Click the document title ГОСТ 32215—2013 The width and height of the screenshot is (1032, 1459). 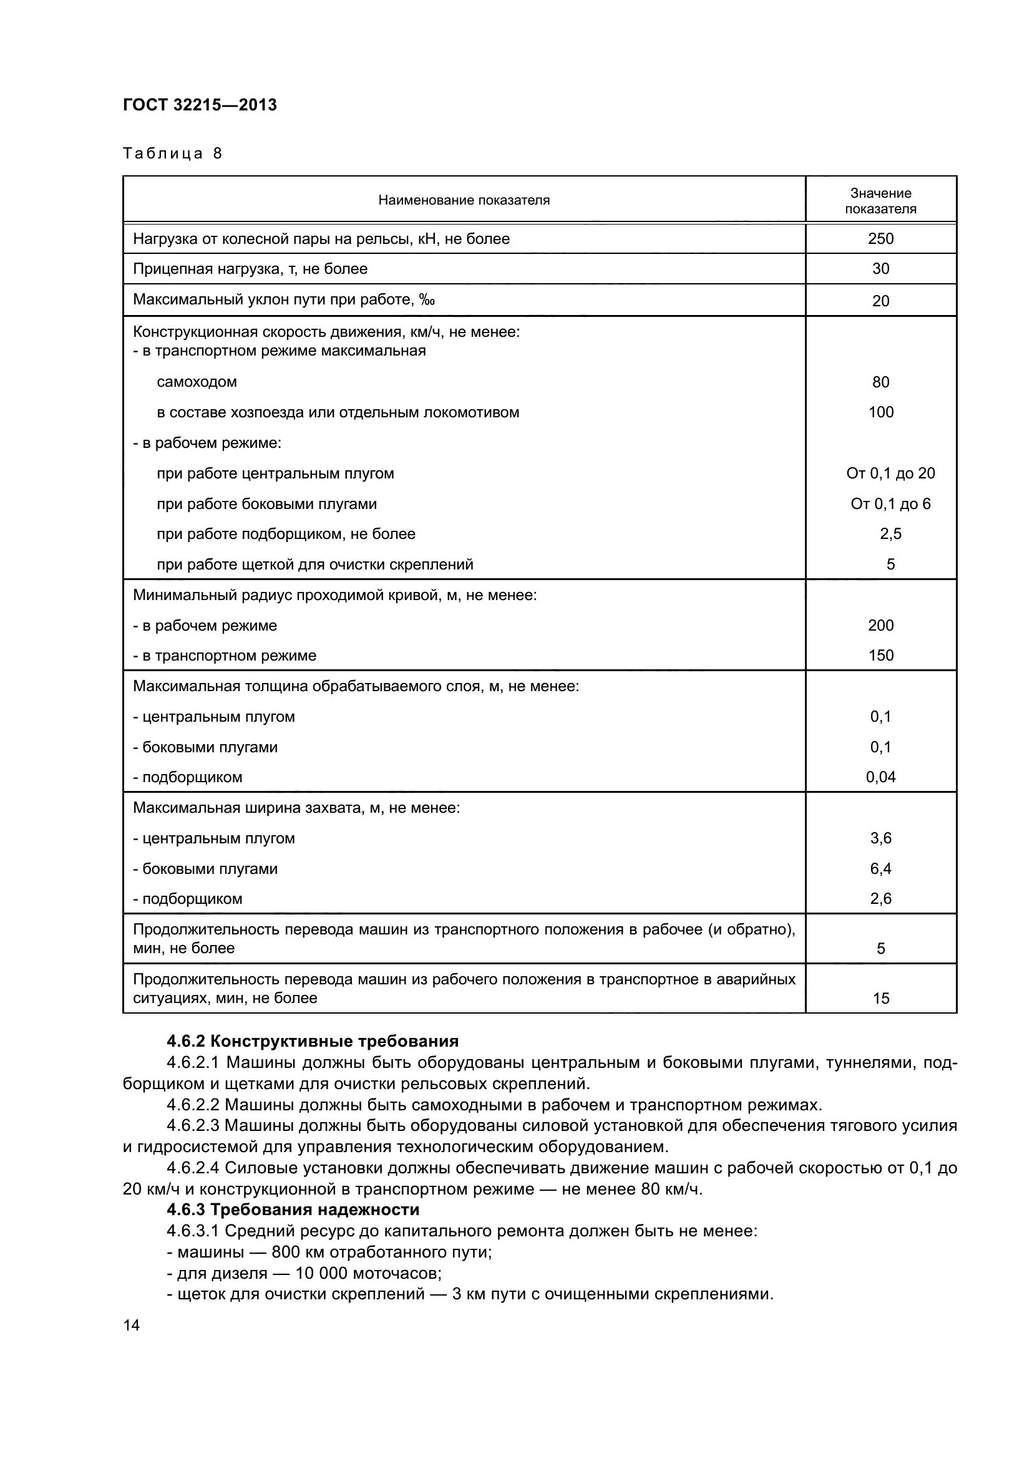coord(200,105)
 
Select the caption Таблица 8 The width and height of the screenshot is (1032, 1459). coord(172,153)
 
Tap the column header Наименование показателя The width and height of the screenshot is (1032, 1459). coord(464,200)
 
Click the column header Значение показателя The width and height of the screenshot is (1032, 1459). coord(880,201)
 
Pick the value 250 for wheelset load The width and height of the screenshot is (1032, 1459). coord(880,239)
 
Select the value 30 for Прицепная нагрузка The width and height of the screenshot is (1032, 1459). coord(880,269)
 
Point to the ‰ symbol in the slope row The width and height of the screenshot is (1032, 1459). coord(427,300)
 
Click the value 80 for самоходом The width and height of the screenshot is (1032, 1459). coord(880,382)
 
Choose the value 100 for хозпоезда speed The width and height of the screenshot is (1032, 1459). coord(880,412)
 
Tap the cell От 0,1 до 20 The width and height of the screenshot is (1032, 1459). coord(890,473)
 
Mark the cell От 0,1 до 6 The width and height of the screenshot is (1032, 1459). coord(890,504)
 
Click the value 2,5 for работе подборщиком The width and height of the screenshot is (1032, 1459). coord(890,534)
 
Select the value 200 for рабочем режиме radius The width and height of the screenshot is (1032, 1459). coord(880,625)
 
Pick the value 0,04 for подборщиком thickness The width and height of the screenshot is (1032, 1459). coord(880,777)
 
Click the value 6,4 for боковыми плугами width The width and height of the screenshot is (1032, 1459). coord(880,869)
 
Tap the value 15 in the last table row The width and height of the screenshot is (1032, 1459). coord(880,998)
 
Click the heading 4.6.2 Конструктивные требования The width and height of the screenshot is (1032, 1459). coord(312,1042)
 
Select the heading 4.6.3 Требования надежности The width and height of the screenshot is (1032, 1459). coord(292,1209)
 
